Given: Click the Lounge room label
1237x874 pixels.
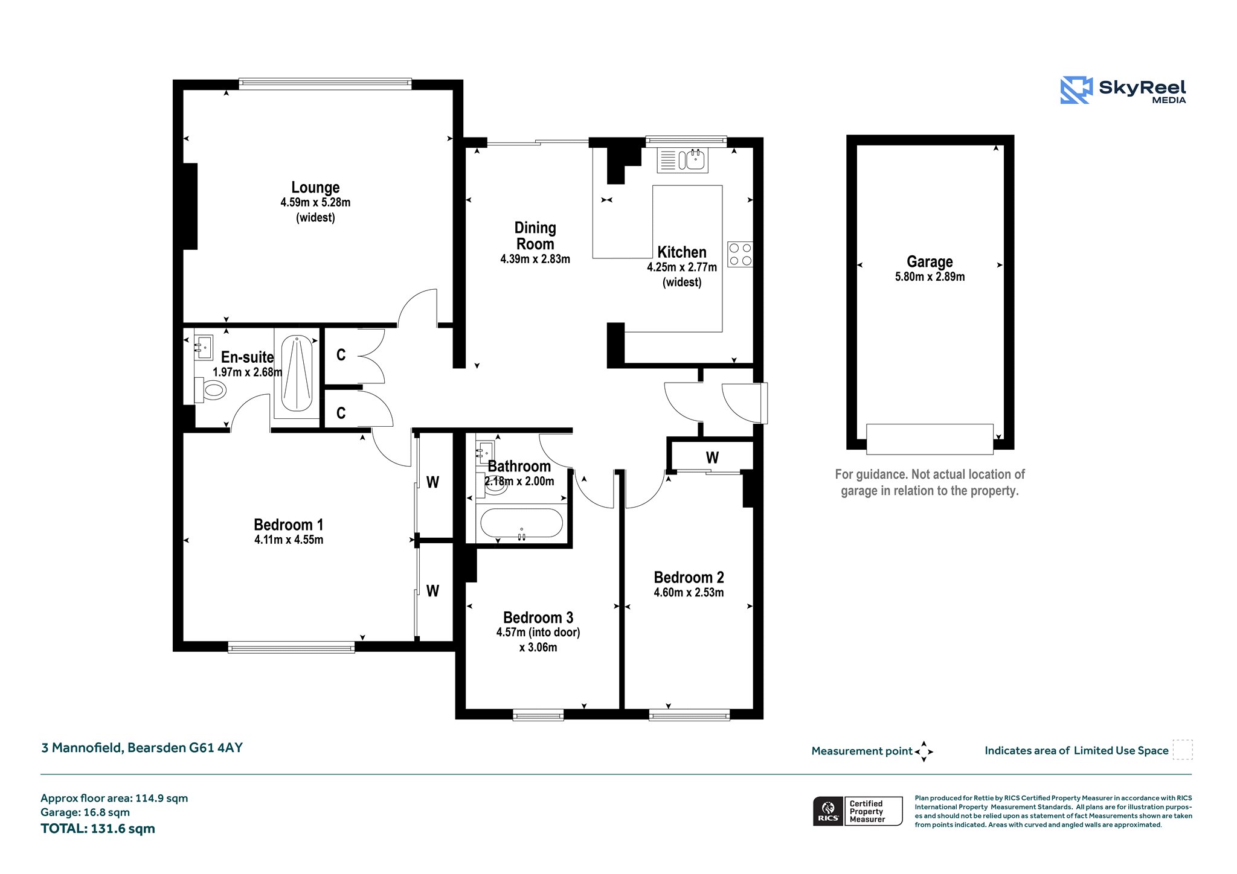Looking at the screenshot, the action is [x=315, y=187].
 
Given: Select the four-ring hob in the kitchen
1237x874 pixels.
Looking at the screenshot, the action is [x=740, y=254].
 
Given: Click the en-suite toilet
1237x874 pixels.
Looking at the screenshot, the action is [x=210, y=390].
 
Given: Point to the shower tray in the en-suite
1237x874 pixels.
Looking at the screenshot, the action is [x=296, y=373].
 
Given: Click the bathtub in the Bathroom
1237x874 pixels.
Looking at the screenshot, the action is [x=521, y=523].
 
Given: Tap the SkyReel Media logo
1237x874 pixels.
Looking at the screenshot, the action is [x=1123, y=91].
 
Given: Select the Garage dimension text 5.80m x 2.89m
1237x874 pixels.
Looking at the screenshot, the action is [x=930, y=277].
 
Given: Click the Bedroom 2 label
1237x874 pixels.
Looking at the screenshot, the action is [x=689, y=577].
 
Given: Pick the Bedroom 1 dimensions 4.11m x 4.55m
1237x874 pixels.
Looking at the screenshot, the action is [x=289, y=540].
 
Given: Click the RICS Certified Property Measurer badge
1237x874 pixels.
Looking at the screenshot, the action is [x=858, y=811].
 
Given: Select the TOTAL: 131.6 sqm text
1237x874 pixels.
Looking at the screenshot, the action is [x=98, y=829].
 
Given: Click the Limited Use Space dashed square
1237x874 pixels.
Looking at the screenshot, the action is [x=1183, y=750].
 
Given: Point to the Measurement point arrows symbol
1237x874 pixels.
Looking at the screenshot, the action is [x=924, y=751].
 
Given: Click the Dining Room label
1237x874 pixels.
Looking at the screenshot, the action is [x=535, y=236].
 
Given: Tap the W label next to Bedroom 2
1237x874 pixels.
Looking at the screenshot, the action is [x=712, y=458].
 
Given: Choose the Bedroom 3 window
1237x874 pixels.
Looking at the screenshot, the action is [x=538, y=715].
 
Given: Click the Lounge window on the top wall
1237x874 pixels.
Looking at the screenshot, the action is [x=325, y=84].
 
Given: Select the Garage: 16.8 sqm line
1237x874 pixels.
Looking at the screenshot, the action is [x=85, y=812].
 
